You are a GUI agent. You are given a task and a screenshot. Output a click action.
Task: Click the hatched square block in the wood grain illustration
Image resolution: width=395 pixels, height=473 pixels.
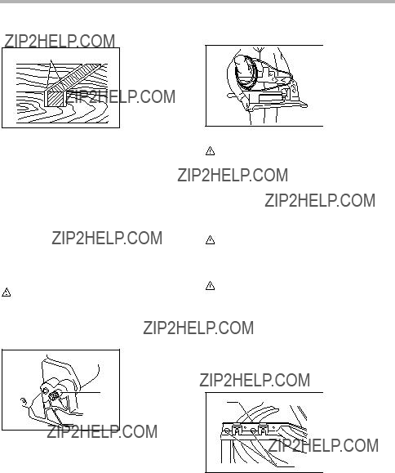[55, 99]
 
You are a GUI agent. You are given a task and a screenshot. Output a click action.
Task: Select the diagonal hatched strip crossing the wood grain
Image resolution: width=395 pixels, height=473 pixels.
[74, 78]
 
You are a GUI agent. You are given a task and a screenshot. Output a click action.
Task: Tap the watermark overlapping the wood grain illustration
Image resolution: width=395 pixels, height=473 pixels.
[120, 96]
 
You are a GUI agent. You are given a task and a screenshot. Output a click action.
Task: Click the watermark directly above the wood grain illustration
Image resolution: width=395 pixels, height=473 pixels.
[60, 41]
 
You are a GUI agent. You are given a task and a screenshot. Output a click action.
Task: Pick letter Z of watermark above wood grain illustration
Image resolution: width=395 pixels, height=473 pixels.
[9, 41]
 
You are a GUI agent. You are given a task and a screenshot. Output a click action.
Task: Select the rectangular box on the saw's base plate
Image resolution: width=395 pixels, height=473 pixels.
[270, 98]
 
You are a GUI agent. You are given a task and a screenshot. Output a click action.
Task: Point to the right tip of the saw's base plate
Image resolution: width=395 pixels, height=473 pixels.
[307, 105]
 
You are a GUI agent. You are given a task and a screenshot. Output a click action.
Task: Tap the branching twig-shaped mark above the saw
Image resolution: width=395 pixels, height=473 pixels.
[259, 50]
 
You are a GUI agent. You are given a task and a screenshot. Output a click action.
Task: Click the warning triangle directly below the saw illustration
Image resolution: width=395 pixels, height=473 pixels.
[210, 151]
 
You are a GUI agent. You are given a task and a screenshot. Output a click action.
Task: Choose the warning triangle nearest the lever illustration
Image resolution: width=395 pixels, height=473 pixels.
[7, 292]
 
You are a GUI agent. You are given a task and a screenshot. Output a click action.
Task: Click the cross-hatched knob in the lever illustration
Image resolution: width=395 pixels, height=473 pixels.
[54, 395]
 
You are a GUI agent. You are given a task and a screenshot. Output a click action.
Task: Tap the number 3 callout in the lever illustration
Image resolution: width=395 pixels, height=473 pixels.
[24, 401]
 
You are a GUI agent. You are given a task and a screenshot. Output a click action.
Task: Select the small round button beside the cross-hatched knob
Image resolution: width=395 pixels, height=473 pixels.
[45, 391]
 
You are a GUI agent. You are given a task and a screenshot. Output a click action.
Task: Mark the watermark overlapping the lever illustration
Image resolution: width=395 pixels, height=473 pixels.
[102, 431]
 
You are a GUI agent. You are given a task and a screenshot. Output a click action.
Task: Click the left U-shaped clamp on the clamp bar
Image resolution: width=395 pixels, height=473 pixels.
[237, 430]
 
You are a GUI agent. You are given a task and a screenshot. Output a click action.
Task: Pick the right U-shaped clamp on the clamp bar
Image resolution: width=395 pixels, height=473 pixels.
[263, 430]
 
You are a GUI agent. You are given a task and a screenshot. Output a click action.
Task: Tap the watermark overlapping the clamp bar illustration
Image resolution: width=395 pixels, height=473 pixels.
[323, 445]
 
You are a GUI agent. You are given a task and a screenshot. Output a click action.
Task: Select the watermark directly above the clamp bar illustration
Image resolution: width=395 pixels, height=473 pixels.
[255, 380]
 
